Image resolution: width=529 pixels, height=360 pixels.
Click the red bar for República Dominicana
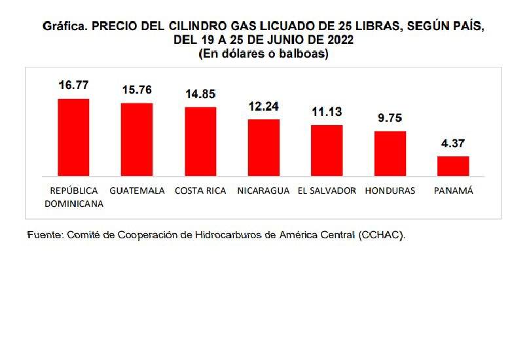(x=73, y=137)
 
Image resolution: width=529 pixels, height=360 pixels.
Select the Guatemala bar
(x=137, y=139)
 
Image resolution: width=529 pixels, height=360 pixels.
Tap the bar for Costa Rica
(x=200, y=141)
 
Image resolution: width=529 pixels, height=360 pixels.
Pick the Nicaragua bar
(x=264, y=147)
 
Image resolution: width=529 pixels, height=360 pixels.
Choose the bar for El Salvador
(x=327, y=150)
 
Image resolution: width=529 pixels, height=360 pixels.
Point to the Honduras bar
(x=390, y=153)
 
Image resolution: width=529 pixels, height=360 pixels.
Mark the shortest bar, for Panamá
(x=453, y=166)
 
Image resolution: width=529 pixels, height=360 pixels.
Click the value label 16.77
(x=73, y=85)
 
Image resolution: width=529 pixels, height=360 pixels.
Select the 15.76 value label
(x=137, y=90)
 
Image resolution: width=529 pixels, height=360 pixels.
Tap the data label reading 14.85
(x=200, y=94)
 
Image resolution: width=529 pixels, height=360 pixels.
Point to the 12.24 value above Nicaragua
(x=264, y=106)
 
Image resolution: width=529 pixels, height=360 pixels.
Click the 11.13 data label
(x=327, y=112)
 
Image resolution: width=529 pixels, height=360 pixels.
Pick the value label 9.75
(x=390, y=118)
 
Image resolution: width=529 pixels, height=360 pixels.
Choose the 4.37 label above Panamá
(x=453, y=143)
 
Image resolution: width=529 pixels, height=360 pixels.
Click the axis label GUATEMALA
(x=137, y=191)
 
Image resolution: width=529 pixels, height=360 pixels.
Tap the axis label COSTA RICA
(x=200, y=191)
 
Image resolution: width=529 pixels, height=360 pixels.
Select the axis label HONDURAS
(x=390, y=191)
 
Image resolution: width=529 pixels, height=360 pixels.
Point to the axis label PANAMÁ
(x=453, y=191)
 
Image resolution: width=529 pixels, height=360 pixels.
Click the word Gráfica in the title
(x=64, y=27)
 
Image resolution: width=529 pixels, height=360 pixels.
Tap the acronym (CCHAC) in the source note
(x=382, y=234)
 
